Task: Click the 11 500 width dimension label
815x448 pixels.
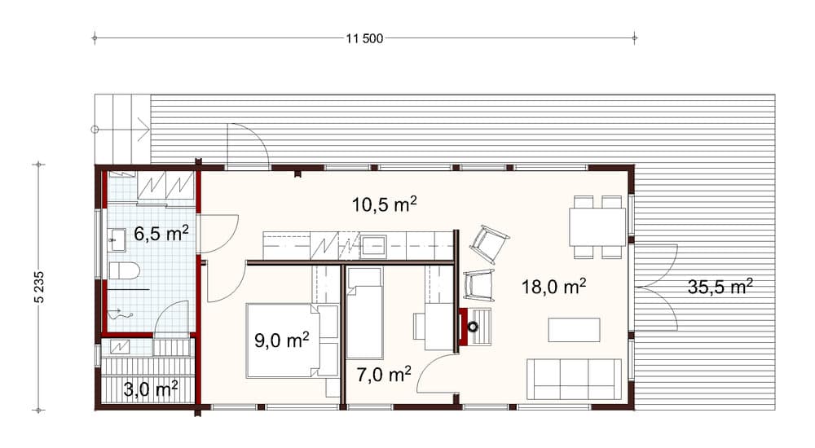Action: pos(364,38)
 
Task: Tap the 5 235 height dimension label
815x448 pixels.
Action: pos(40,287)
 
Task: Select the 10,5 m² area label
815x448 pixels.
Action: pos(384,204)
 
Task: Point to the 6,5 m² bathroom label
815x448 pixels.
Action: pos(161,233)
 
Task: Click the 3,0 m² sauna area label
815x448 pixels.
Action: pos(151,389)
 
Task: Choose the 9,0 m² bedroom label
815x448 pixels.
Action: pos(282,340)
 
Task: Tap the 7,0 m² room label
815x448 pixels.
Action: pos(384,374)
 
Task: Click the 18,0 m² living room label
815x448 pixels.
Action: pos(554,286)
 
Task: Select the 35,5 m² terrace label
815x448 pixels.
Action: pos(720,286)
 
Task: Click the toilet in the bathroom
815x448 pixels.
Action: pos(125,270)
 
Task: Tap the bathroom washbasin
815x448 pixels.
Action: pos(117,239)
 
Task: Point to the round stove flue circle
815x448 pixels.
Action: pos(473,327)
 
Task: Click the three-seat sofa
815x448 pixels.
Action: pos(575,379)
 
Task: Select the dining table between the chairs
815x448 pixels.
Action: pos(597,227)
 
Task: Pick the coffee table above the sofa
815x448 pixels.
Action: pos(575,330)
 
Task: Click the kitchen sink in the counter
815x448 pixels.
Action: pos(374,246)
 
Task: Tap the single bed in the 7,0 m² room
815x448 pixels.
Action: pos(364,314)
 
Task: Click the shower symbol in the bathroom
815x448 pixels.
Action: pos(121,314)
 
